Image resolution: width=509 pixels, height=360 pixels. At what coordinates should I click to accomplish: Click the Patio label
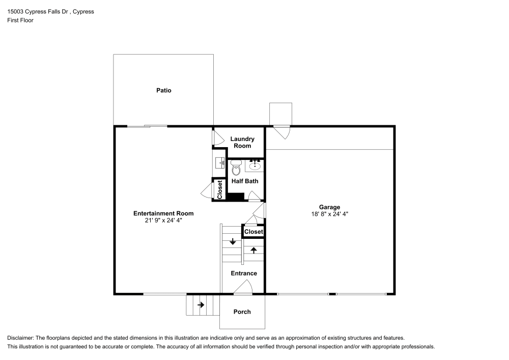pos(163,90)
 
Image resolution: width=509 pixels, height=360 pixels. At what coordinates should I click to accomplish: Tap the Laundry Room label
pos(242,143)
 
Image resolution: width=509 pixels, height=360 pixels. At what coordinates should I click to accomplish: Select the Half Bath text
pos(245,181)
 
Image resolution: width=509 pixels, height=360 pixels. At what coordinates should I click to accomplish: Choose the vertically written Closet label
pos(220,189)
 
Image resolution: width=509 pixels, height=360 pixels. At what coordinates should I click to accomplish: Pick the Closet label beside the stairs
pos(253,232)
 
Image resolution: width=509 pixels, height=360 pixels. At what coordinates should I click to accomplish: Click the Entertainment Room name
pos(163,213)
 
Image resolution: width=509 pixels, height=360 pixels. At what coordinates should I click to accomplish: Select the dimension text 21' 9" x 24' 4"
pos(163,220)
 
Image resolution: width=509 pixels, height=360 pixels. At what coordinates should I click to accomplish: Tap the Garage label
pos(329,207)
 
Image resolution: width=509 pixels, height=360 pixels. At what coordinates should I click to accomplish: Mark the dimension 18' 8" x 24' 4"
pos(329,214)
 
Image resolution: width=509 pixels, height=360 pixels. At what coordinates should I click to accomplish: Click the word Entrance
pos(244,273)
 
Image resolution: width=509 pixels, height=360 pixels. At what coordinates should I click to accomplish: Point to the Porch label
pos(242,312)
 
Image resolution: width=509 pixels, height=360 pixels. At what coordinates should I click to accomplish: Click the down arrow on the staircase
pos(233,241)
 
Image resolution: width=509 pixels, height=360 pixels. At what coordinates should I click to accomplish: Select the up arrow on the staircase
pos(253,250)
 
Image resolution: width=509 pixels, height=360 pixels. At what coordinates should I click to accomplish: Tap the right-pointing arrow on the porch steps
pos(201,305)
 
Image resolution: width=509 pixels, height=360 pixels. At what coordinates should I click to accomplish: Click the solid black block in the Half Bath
pos(236,197)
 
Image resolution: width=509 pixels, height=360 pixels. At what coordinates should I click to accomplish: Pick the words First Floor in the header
pos(20,20)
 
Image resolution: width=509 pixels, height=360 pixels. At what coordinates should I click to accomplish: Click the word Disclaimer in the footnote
pos(20,338)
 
